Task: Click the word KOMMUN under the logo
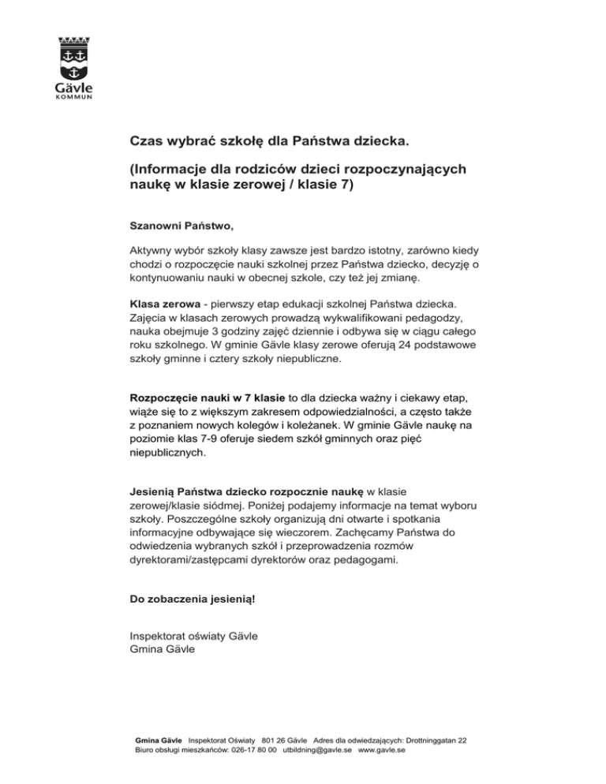click(x=74, y=98)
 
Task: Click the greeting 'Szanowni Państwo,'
click(x=181, y=226)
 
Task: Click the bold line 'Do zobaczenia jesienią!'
click(x=193, y=599)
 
